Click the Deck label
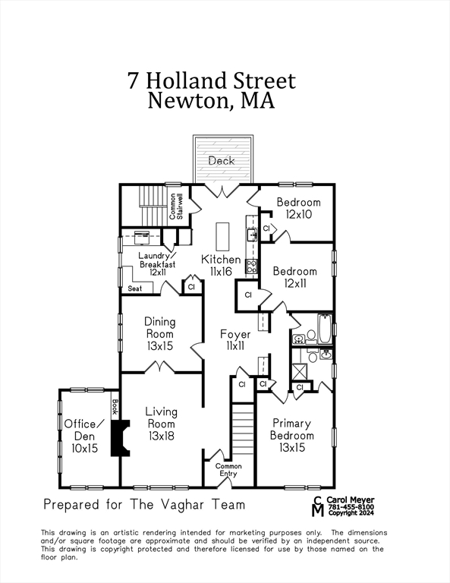[x=222, y=161]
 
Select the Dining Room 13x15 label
[x=159, y=333]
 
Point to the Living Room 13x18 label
[x=161, y=424]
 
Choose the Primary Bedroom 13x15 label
[x=292, y=436]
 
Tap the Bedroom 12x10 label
[x=298, y=208]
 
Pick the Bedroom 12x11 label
[x=295, y=277]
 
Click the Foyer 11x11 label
[x=235, y=339]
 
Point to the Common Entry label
[x=228, y=470]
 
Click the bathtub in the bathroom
[x=324, y=326]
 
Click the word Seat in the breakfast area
[x=135, y=288]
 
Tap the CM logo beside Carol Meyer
[x=318, y=506]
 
